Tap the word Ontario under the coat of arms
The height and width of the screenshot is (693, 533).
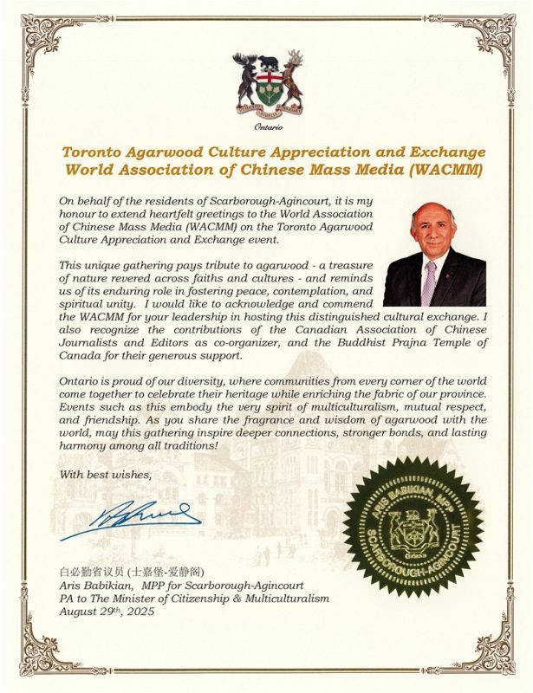pyautogui.click(x=267, y=127)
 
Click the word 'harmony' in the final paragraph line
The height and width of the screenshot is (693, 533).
pyautogui.click(x=81, y=445)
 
